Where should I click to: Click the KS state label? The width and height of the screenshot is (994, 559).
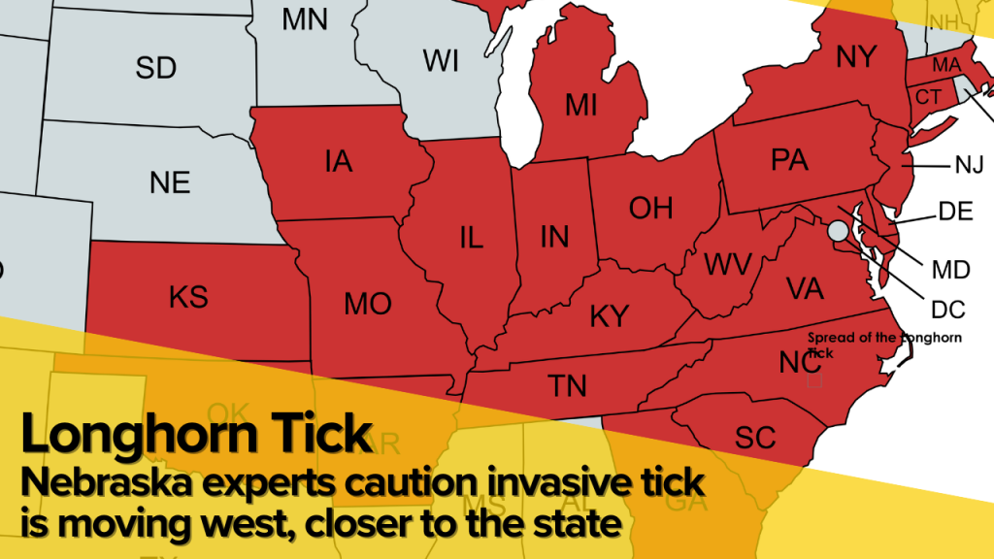click(x=188, y=297)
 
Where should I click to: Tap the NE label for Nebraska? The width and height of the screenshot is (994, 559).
click(x=170, y=182)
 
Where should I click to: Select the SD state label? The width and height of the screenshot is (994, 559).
click(x=155, y=68)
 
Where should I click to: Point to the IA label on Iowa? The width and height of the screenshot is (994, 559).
click(x=339, y=162)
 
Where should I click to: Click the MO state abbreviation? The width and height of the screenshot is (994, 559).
click(x=367, y=305)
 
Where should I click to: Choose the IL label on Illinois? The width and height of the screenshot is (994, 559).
click(x=471, y=238)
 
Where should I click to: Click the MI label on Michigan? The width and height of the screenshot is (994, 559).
click(x=580, y=106)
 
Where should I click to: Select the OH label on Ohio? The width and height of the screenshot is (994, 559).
click(x=650, y=208)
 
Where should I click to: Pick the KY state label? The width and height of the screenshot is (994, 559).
click(x=610, y=315)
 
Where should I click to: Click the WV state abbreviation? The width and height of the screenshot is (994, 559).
click(x=722, y=264)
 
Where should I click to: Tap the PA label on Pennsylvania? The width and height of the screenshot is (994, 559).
click(x=789, y=160)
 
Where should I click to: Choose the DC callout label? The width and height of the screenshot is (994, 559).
click(x=947, y=311)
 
